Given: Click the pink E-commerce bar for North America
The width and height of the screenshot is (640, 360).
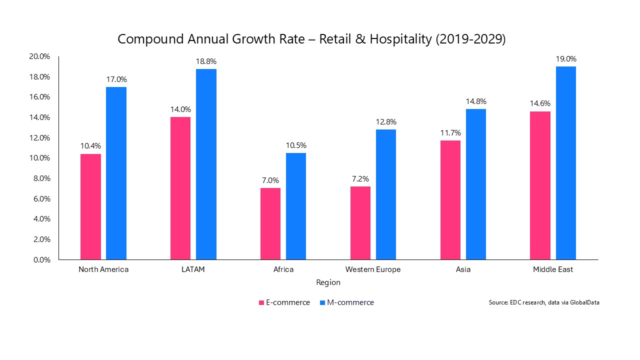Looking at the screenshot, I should click(90, 206).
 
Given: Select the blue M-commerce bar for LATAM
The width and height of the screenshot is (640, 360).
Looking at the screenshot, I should click(206, 164).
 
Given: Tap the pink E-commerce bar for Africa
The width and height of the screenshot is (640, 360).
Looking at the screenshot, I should click(270, 223).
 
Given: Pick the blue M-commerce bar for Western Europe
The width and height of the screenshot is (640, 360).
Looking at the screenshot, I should click(386, 194).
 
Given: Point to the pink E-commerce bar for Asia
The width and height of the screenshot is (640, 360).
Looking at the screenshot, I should click(450, 200).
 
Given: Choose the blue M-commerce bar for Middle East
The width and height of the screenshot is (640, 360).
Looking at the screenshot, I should click(566, 163).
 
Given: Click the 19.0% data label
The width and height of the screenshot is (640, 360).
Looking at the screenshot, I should click(566, 59).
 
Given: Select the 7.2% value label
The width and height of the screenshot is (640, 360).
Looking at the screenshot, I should click(360, 179).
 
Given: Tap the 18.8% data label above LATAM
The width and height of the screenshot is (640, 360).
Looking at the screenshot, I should click(206, 61).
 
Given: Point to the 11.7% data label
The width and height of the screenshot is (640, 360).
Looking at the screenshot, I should click(450, 133).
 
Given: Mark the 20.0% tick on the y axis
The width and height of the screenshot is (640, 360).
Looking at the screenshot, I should click(39, 56).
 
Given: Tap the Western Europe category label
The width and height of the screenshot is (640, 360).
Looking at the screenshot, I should click(373, 269).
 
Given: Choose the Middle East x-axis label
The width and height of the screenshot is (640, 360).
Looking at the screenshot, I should click(552, 269).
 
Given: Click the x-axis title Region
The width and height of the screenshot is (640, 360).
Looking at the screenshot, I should click(328, 282).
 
